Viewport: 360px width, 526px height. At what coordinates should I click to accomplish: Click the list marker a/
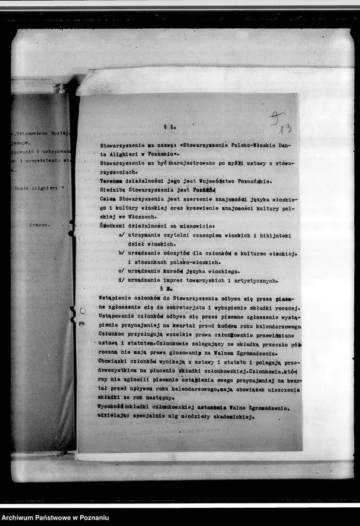[x=121, y=235]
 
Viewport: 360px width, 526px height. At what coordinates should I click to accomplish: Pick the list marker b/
[x=121, y=253]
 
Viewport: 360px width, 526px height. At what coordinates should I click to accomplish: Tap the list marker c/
[x=121, y=271]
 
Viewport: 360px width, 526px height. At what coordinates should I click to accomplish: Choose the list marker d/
[x=121, y=280]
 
